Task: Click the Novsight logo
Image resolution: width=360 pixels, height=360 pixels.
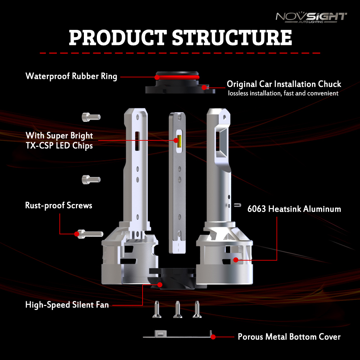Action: [311, 17]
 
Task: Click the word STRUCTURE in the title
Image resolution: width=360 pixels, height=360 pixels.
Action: [232, 37]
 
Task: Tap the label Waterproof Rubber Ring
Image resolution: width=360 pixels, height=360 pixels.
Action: [71, 76]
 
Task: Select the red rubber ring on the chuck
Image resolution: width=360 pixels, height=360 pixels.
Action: [177, 77]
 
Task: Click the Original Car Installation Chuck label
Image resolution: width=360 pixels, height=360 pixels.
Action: [284, 84]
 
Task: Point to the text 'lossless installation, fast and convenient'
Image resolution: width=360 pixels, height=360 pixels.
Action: [283, 93]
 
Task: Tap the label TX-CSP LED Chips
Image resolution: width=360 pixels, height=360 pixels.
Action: [59, 145]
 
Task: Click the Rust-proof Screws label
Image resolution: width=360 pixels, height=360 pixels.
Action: [59, 205]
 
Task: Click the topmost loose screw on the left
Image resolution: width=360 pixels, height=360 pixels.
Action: [91, 117]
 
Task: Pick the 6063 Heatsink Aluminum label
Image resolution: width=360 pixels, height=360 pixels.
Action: [294, 209]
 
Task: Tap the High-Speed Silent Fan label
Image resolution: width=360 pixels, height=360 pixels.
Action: [67, 305]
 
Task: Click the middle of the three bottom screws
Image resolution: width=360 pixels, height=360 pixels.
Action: [177, 310]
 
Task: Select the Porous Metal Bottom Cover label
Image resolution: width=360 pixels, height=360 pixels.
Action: [289, 337]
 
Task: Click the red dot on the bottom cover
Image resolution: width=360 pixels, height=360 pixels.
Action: [213, 337]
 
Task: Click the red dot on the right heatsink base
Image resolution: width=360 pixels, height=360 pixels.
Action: [236, 260]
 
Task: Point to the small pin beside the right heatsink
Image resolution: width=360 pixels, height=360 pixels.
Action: [238, 205]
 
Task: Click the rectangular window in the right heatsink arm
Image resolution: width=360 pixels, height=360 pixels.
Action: [221, 139]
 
